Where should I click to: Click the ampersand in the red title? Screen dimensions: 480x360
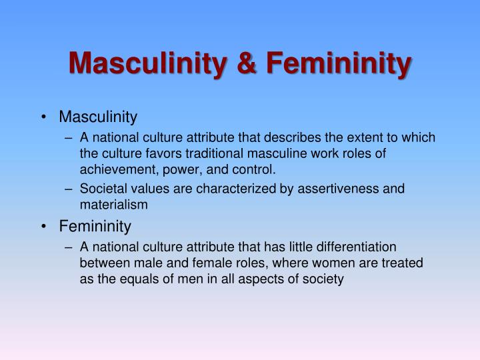click(x=247, y=63)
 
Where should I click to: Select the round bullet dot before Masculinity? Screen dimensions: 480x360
click(x=44, y=117)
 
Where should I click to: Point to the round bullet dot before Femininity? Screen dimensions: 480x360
click(x=44, y=227)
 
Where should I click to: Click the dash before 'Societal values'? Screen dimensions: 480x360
click(x=69, y=189)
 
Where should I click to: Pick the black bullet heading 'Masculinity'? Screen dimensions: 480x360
click(x=98, y=117)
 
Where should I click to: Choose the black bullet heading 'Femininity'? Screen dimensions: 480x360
click(x=95, y=227)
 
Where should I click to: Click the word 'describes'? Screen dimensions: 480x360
click(x=293, y=137)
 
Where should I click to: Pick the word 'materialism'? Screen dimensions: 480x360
click(x=114, y=205)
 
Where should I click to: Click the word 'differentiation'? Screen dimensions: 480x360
click(x=356, y=247)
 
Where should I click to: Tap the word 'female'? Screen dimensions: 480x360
click(x=209, y=263)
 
